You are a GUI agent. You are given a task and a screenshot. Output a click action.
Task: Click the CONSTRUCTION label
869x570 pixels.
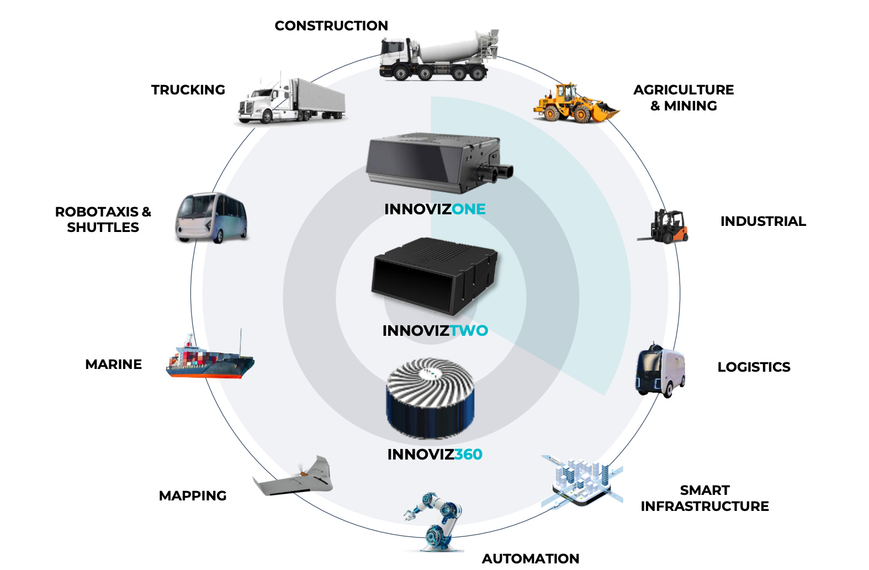pos(331,26)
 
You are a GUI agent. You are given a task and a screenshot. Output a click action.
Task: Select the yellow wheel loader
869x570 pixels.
pos(575,103)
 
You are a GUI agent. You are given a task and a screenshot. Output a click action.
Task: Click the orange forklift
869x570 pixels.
pos(665,226)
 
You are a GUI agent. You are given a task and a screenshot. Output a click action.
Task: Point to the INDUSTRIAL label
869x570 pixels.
pos(762,221)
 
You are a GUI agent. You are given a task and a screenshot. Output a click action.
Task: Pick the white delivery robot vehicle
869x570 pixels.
pos(660,371)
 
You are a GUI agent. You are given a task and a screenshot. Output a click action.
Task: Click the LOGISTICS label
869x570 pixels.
pos(754,367)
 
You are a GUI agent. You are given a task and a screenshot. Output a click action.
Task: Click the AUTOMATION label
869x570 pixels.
pos(530,558)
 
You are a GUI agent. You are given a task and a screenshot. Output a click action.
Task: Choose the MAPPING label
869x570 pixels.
pos(193,496)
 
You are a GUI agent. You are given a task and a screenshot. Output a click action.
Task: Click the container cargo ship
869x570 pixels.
pos(210,359)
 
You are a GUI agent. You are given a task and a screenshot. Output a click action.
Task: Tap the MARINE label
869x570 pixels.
pos(114,365)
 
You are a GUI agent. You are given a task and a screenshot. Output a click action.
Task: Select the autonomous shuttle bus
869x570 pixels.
pos(211,218)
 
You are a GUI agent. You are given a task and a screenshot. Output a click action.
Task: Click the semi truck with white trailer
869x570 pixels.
pos(292,101)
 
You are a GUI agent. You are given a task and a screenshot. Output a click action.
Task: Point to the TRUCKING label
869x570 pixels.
pos(188,90)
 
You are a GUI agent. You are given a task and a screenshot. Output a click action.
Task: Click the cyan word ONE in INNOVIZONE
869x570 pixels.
pos(468,209)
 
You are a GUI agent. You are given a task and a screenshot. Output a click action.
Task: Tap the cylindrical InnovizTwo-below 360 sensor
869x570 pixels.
pos(430,398)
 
